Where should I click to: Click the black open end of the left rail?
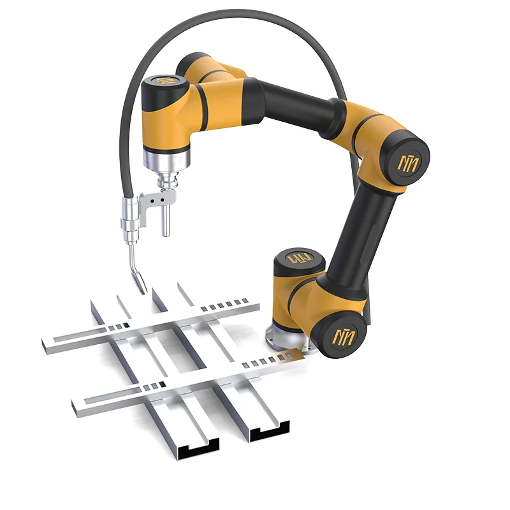[x=198, y=451]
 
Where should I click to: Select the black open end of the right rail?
[x=270, y=434]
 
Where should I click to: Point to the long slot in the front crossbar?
[x=108, y=400]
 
